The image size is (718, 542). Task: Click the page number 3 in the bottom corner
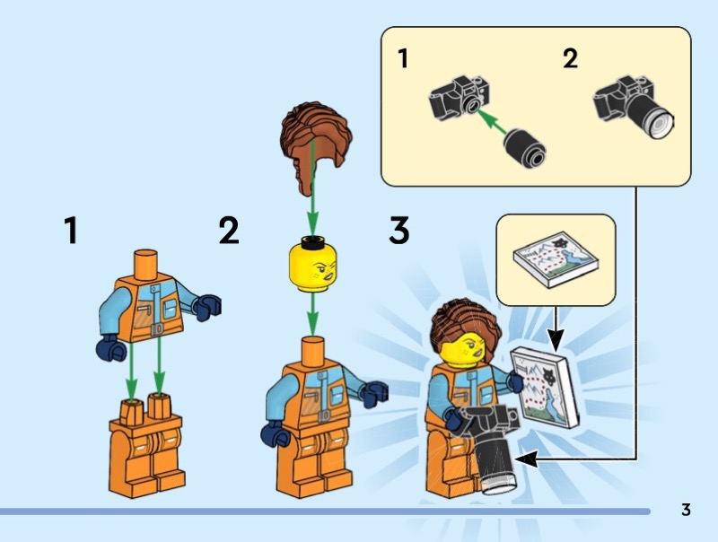[686, 510]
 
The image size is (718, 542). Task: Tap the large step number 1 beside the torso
[71, 231]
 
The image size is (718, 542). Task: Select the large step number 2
[229, 231]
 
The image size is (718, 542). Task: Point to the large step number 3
[398, 231]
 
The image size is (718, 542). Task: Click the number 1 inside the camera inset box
[403, 58]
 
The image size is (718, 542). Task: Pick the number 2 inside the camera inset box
[570, 58]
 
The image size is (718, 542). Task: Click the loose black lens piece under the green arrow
[525, 148]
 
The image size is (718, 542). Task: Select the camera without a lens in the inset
[460, 98]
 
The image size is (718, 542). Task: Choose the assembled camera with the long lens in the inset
[635, 106]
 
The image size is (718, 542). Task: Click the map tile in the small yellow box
[556, 258]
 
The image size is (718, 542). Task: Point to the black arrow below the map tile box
[556, 328]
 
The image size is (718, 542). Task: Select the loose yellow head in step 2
[312, 265]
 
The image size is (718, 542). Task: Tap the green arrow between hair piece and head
[312, 188]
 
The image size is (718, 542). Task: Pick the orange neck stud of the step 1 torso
[146, 262]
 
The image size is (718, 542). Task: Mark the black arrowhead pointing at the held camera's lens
[527, 459]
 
